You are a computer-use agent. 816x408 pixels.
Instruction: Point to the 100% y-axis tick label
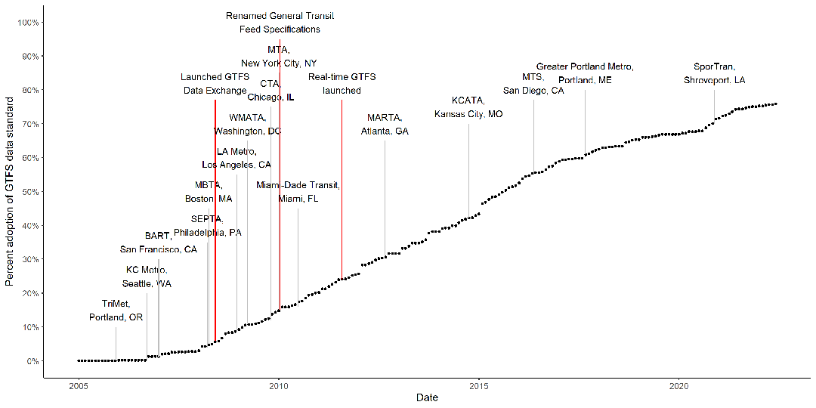28,23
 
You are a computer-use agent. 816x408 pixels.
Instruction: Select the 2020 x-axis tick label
679,385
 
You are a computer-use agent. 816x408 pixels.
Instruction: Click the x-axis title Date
428,397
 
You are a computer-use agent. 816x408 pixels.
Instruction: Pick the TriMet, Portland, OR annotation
116,311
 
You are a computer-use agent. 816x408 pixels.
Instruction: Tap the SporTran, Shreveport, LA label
714,73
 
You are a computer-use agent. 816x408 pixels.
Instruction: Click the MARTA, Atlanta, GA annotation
385,125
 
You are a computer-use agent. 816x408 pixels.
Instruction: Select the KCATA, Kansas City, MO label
468,107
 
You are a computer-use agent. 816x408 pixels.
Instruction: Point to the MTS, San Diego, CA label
533,84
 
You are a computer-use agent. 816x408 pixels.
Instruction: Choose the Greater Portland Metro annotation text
585,73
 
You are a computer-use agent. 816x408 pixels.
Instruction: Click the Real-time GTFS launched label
342,84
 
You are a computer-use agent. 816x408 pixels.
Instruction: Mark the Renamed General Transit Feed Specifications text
280,23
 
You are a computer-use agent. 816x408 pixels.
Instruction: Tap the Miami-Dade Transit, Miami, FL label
298,192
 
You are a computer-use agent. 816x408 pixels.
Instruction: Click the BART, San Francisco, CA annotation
158,243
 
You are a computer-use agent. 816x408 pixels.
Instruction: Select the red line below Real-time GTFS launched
342,189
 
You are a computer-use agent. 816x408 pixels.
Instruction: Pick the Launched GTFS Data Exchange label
215,84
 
